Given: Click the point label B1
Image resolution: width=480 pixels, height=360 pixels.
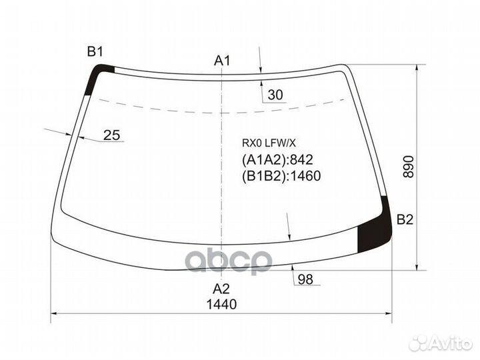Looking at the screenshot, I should tap(95, 51).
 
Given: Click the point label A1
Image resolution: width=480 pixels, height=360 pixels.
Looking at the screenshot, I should tap(222, 61).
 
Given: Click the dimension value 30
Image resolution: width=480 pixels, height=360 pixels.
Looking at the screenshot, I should tap(275, 95).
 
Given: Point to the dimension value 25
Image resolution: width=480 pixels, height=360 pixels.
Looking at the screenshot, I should tap(112, 135).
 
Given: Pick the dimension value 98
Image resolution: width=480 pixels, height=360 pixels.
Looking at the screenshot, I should tap(305, 279).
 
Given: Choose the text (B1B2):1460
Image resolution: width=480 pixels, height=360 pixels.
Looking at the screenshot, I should tap(281, 177).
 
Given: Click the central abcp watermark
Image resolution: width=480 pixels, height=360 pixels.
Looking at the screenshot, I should tap(229, 260).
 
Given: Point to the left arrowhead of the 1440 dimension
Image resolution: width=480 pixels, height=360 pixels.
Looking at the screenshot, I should tap(55, 313).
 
